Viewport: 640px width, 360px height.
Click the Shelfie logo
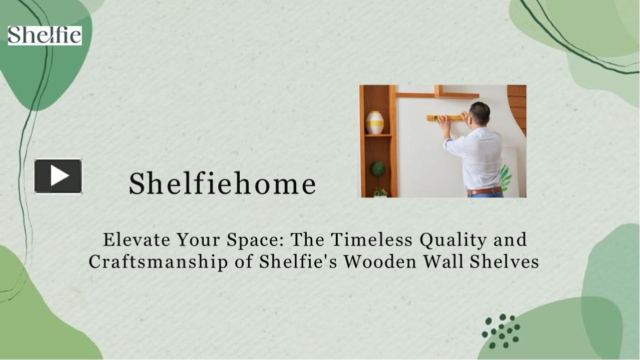[45, 35]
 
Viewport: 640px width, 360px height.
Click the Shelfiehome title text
[222, 183]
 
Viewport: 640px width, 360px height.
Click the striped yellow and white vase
[374, 122]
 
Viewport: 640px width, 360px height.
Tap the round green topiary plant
[378, 169]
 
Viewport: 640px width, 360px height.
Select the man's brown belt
[484, 190]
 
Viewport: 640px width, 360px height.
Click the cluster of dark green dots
[501, 331]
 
